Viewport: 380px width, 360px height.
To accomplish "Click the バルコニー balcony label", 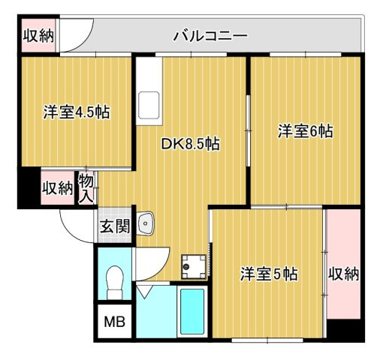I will [210, 35].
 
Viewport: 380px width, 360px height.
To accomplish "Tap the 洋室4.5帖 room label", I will [76, 112].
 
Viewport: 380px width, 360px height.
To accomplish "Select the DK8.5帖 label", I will [191, 144].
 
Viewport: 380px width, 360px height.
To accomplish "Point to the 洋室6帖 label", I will [306, 130].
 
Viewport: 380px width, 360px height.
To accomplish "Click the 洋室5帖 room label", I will [269, 274].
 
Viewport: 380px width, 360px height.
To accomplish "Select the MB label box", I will [114, 324].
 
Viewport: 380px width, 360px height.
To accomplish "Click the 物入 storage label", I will [87, 187].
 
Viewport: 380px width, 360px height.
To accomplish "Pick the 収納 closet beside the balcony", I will [38, 36].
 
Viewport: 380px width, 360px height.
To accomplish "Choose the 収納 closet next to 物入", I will [57, 187].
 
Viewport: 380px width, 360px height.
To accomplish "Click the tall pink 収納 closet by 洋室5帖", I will [343, 274].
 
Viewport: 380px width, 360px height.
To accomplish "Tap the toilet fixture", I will [115, 280].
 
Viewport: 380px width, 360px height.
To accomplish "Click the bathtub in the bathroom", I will [192, 311].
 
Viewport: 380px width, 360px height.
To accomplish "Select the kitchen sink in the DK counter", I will [149, 101].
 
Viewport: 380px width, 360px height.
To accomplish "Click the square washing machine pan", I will [194, 263].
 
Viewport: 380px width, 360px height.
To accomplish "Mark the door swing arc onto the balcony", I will [76, 37].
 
